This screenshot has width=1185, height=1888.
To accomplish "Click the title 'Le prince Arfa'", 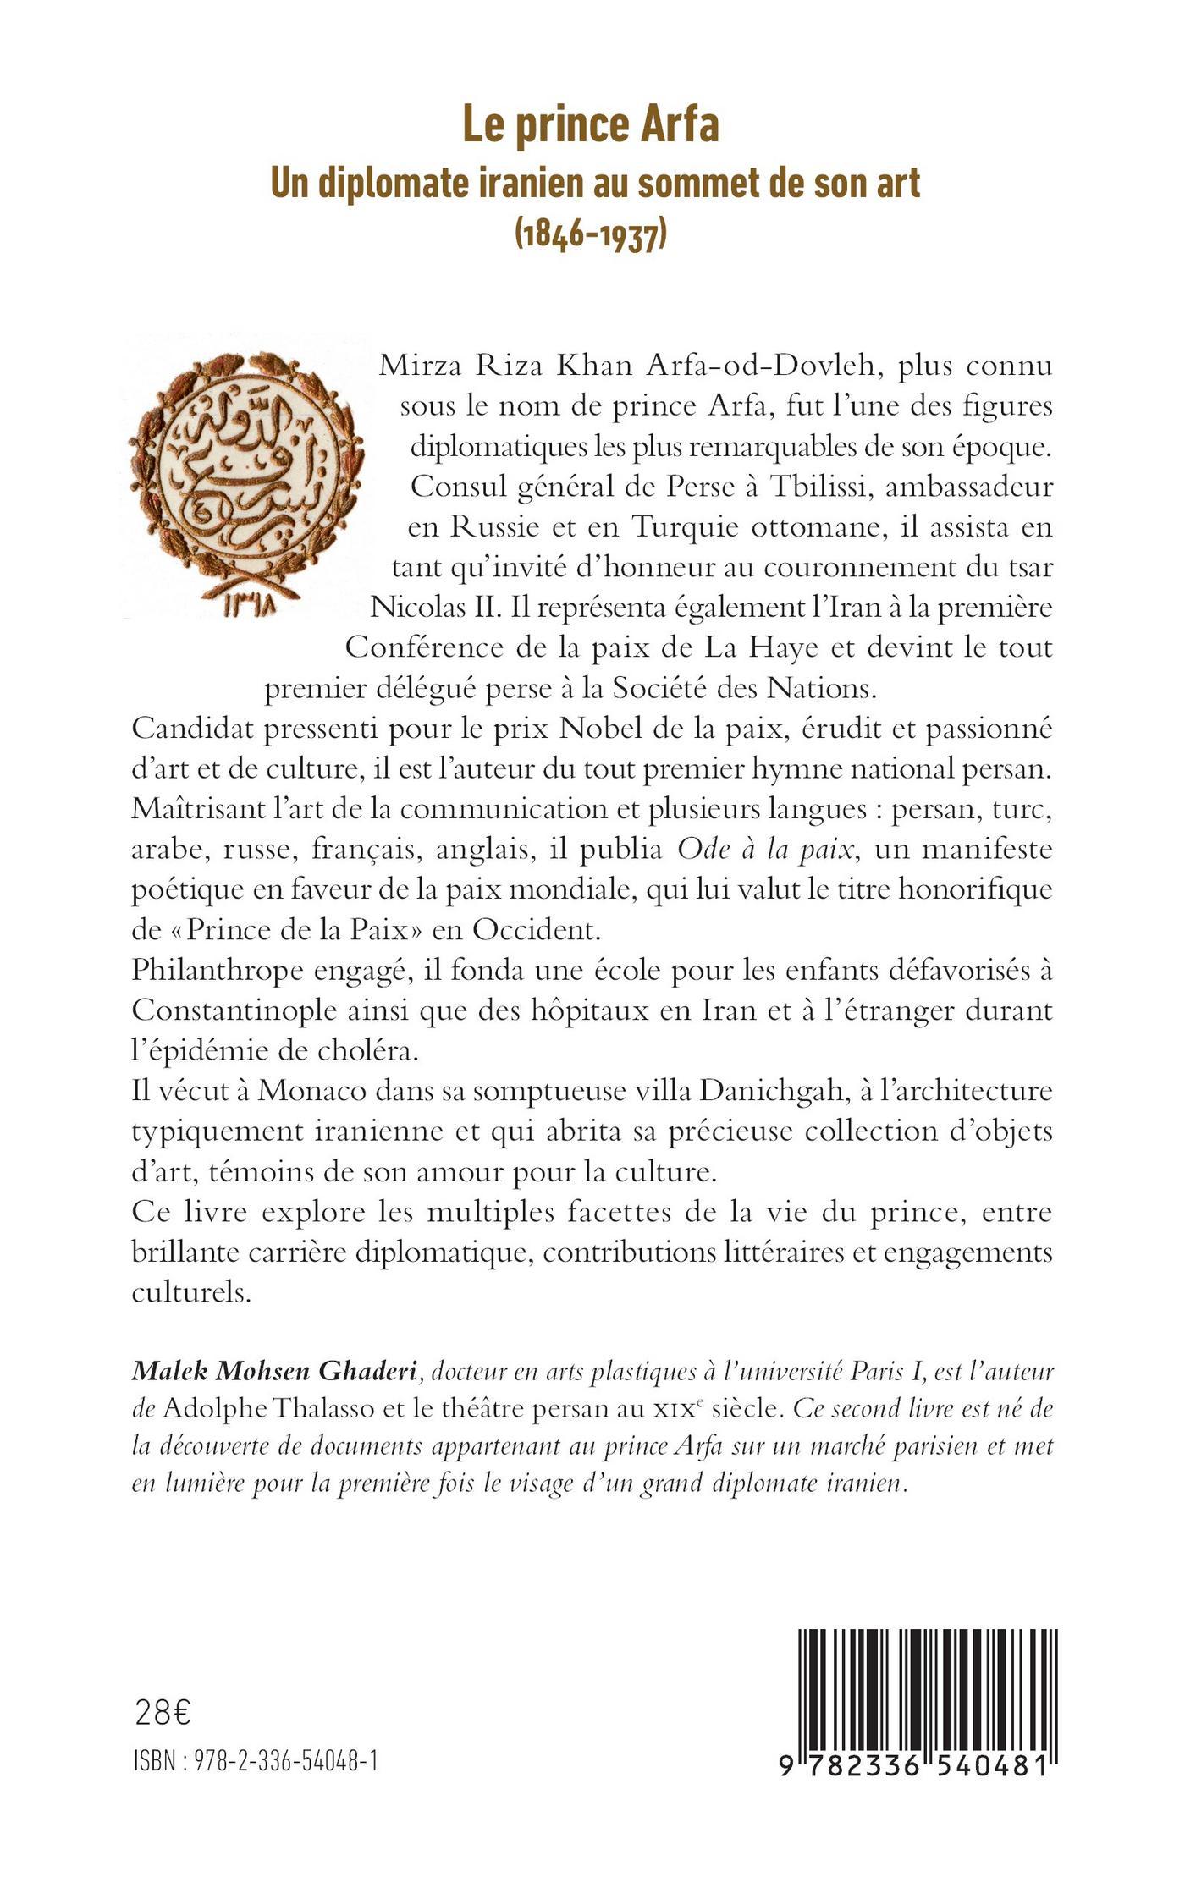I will pyautogui.click(x=590, y=125).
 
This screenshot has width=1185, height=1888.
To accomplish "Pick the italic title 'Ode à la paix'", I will pyautogui.click(x=765, y=850).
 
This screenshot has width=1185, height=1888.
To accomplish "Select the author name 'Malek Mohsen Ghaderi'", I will pyautogui.click(x=273, y=1373).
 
